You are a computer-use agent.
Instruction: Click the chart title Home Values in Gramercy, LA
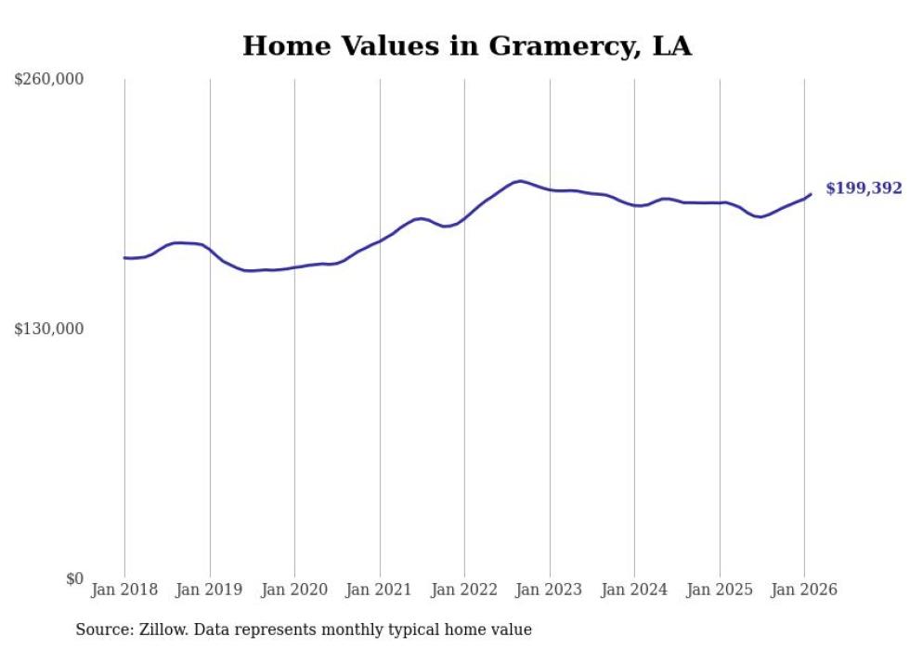click(467, 45)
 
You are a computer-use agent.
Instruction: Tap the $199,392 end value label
click(864, 188)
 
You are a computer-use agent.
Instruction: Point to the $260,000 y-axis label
click(49, 80)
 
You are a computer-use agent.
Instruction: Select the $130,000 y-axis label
click(49, 330)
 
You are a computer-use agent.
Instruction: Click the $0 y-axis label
click(74, 578)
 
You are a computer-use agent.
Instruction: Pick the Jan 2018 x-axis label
click(124, 590)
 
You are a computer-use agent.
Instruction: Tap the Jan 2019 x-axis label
click(210, 590)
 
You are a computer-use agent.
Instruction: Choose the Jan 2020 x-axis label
click(294, 590)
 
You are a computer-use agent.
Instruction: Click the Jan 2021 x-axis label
click(380, 590)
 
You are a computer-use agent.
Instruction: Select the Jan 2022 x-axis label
click(464, 590)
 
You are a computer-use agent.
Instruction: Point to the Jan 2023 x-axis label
click(550, 590)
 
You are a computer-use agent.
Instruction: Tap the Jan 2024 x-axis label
click(634, 590)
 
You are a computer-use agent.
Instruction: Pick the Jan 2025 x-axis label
click(720, 590)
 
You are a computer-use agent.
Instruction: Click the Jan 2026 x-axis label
click(804, 590)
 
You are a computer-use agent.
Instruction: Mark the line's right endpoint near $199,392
click(811, 194)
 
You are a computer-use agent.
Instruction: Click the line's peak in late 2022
click(520, 181)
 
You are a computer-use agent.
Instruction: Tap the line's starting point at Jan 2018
click(124, 258)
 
